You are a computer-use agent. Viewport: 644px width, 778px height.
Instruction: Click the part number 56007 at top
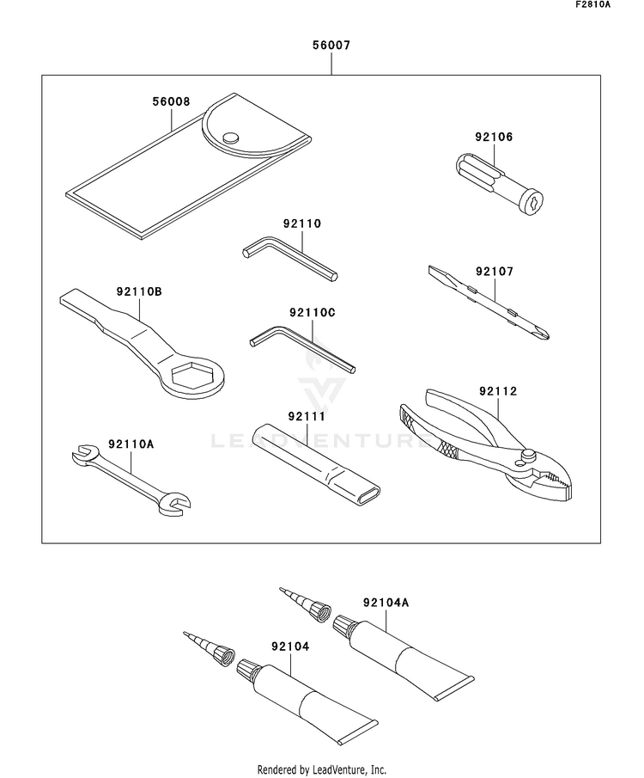tap(331, 46)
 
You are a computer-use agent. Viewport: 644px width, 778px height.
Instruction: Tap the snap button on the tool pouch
tap(230, 138)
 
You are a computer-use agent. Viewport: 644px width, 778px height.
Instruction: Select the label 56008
tap(171, 101)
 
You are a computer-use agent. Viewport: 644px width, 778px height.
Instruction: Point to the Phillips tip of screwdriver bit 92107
tap(543, 333)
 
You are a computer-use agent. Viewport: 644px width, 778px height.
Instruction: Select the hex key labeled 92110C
tap(302, 348)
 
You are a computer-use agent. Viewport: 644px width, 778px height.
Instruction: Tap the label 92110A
tap(131, 444)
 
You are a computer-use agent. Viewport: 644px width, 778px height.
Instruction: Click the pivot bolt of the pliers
tap(527, 453)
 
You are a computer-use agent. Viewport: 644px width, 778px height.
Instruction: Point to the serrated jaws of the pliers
tap(556, 480)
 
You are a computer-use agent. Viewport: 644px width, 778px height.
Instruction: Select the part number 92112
tap(498, 391)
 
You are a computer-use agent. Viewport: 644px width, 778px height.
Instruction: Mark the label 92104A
tap(386, 603)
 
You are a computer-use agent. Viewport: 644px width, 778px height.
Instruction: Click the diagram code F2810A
tap(593, 4)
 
